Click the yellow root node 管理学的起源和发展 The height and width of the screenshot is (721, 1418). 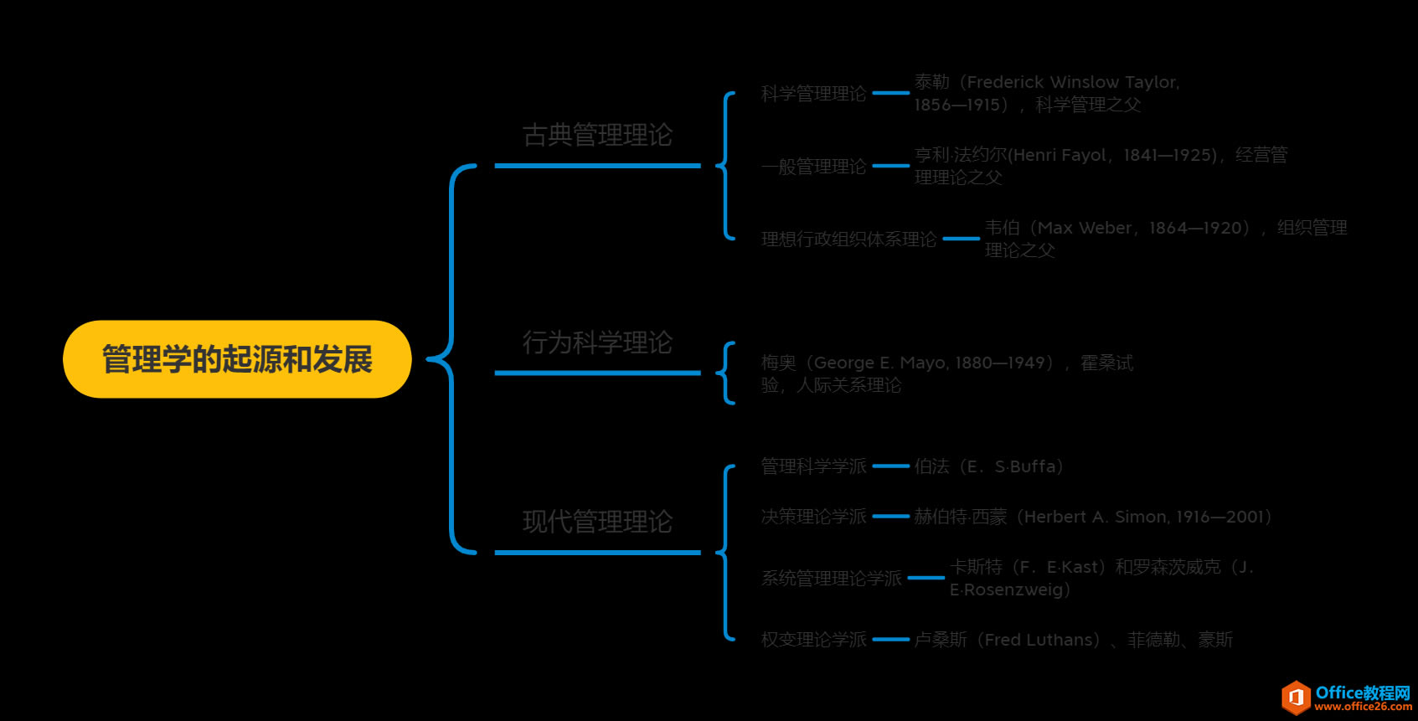(237, 359)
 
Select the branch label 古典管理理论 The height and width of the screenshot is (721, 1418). (597, 135)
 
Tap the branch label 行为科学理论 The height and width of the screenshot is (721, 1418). (597, 342)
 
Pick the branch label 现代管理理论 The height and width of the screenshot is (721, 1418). (597, 522)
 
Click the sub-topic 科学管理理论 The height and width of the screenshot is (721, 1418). (812, 94)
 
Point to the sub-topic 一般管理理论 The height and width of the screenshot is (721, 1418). (812, 167)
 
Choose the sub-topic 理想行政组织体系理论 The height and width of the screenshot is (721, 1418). (848, 239)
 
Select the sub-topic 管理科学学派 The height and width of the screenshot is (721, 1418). (812, 466)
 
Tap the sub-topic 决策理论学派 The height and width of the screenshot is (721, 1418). (812, 517)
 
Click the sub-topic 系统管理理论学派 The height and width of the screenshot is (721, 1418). (831, 579)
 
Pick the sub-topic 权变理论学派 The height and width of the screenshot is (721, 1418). (812, 640)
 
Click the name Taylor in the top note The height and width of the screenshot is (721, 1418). (1151, 82)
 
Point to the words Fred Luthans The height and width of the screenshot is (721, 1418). (1041, 640)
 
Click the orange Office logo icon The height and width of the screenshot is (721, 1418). (1296, 697)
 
